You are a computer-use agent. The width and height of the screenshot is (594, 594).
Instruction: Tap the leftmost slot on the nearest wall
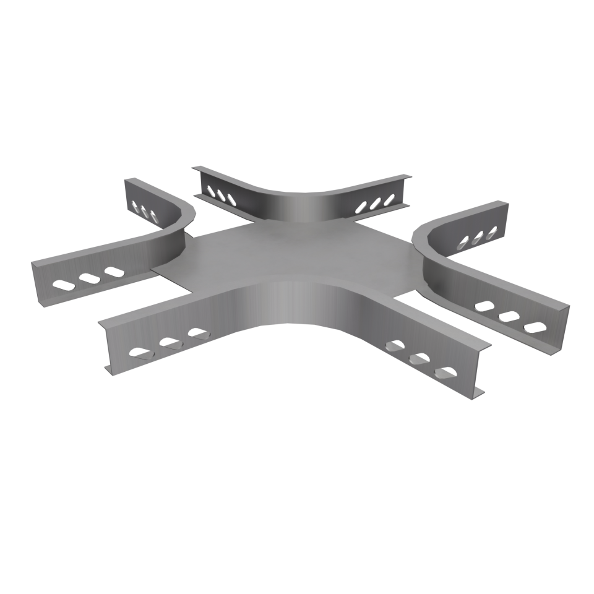[x=140, y=353]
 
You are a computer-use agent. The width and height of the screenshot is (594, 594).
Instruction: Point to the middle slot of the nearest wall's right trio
[x=418, y=358]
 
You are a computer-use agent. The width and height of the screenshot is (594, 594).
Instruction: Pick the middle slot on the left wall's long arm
[x=88, y=279]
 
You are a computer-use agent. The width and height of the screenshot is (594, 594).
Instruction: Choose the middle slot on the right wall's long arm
[x=507, y=316]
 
